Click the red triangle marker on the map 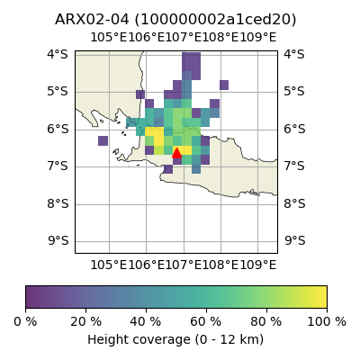pos(176,153)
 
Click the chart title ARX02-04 pos(92,20)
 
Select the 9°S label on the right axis pos(294,240)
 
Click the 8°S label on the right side pos(294,203)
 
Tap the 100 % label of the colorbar pos(327,321)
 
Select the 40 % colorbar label pos(146,321)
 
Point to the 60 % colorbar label pos(206,321)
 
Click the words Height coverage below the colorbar pos(139,339)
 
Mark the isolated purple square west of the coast pos(103,140)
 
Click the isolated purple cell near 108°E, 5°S pos(224,85)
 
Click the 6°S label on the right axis pos(294,130)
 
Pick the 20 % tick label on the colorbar pos(85,321)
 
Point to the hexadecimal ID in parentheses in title pos(215,20)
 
